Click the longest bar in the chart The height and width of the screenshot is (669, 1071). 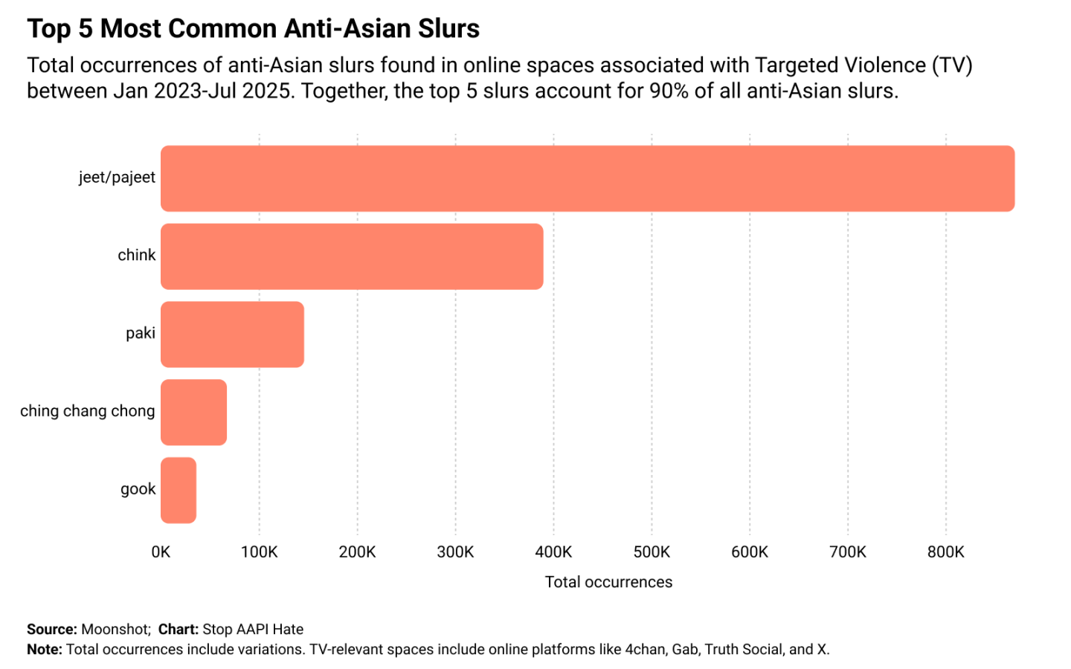pyautogui.click(x=588, y=178)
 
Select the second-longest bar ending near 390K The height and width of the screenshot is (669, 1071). pyautogui.click(x=352, y=256)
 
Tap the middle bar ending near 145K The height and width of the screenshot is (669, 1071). pyautogui.click(x=232, y=334)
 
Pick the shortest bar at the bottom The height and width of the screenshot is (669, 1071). pyautogui.click(x=178, y=490)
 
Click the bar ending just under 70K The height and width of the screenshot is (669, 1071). pyautogui.click(x=193, y=413)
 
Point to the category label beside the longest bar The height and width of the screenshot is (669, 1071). pyautogui.click(x=117, y=178)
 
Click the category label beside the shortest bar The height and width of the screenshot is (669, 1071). pyautogui.click(x=138, y=489)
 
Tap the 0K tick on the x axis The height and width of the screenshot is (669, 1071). pyautogui.click(x=161, y=552)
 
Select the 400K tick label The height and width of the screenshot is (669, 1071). pyautogui.click(x=553, y=552)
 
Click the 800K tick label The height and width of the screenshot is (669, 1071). pyautogui.click(x=945, y=552)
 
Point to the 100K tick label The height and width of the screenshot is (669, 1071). pyautogui.click(x=259, y=552)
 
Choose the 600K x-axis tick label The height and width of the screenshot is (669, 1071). pyautogui.click(x=749, y=552)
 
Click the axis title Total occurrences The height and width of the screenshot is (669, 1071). pyautogui.click(x=608, y=582)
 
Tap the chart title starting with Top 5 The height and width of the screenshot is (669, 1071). pyautogui.click(x=253, y=29)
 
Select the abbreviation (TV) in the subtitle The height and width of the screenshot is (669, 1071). pyautogui.click(x=952, y=65)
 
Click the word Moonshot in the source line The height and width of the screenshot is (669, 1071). pyautogui.click(x=115, y=630)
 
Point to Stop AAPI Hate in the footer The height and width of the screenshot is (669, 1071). pyautogui.click(x=253, y=630)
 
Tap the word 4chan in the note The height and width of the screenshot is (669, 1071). pyautogui.click(x=645, y=650)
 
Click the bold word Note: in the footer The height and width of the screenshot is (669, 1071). pyautogui.click(x=45, y=650)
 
